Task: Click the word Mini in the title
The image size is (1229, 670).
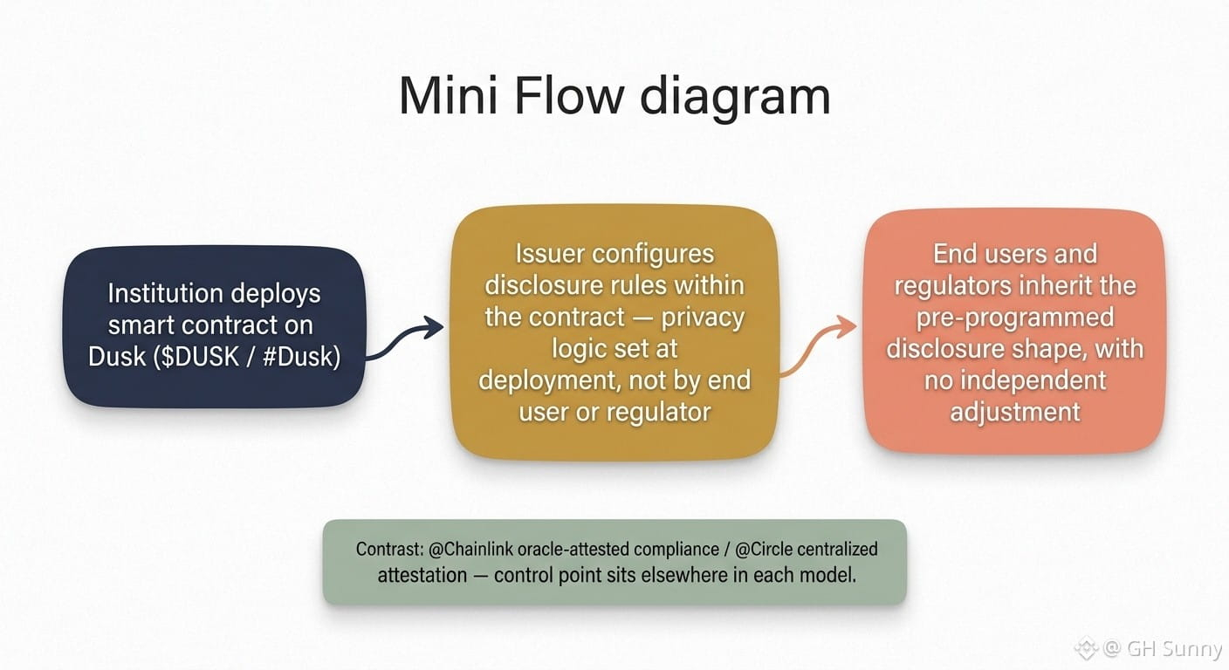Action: (449, 96)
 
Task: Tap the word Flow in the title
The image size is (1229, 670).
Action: (569, 96)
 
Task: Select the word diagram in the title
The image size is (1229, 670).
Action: (735, 99)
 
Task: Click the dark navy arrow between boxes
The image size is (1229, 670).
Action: (405, 338)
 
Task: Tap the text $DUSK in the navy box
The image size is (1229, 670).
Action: (196, 357)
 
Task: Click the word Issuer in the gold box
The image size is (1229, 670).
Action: (549, 253)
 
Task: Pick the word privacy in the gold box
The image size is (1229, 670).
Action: (703, 318)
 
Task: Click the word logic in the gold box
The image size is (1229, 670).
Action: (576, 349)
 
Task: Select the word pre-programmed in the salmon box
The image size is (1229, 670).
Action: (1015, 318)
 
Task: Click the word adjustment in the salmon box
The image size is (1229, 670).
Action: (1015, 413)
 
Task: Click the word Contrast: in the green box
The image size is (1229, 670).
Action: (389, 549)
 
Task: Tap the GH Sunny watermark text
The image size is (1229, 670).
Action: (1174, 648)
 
